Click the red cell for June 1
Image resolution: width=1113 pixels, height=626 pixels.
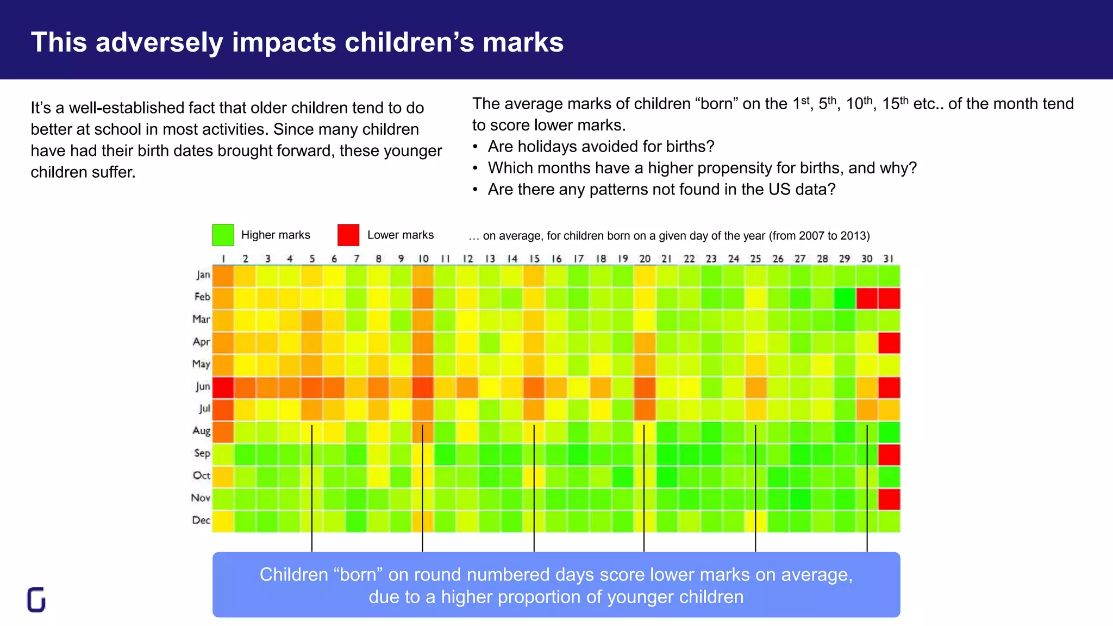point(223,387)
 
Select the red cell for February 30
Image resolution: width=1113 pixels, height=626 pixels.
point(867,298)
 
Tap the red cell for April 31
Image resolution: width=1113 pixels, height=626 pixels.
point(889,343)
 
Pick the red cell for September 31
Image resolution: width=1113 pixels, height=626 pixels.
point(889,454)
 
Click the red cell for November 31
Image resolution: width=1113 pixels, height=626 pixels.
point(889,499)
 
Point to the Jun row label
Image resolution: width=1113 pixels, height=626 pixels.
point(203,386)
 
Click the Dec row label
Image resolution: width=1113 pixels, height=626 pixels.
point(201,520)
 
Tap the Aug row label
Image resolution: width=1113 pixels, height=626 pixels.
point(201,431)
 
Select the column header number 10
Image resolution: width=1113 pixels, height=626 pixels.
point(423,259)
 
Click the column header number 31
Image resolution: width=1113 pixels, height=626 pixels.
point(888,259)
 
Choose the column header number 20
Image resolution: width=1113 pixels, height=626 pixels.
point(645,259)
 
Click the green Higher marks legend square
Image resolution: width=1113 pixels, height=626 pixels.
point(223,235)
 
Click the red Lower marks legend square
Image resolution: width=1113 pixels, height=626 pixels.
point(348,235)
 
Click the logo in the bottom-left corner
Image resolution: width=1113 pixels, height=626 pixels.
point(36,599)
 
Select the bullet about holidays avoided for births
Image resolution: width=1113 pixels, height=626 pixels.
point(601,147)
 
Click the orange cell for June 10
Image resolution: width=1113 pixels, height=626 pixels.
point(423,387)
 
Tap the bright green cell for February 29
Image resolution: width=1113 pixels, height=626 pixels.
point(845,298)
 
